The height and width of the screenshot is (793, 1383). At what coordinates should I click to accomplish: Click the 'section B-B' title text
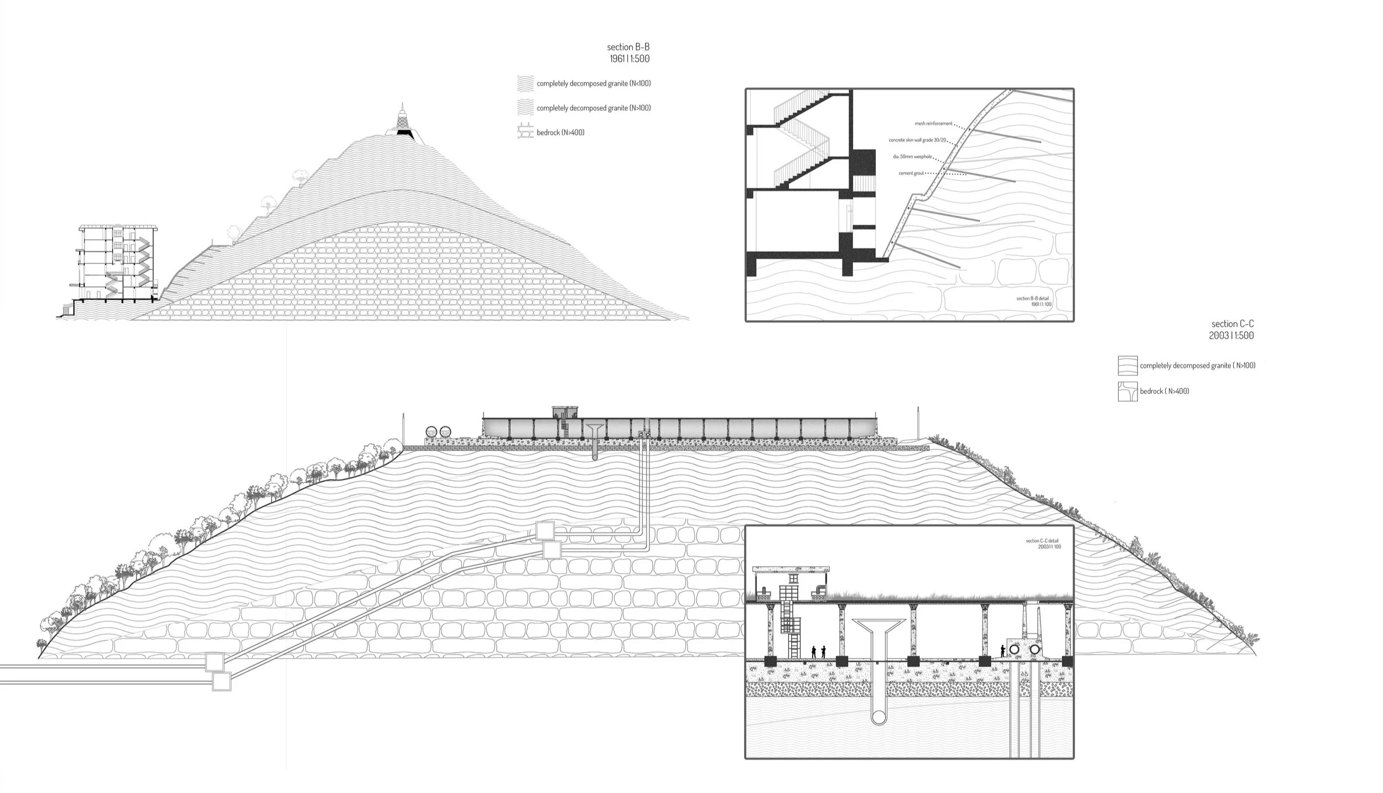pyautogui.click(x=628, y=47)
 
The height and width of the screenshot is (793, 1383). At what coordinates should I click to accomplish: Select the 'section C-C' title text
pyautogui.click(x=1233, y=324)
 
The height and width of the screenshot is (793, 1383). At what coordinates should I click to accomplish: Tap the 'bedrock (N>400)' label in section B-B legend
pyautogui.click(x=560, y=132)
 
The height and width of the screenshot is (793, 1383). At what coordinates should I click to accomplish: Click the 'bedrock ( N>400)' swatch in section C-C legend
pyautogui.click(x=1127, y=391)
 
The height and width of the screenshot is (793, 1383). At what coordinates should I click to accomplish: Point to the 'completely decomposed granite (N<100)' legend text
pyautogui.click(x=594, y=84)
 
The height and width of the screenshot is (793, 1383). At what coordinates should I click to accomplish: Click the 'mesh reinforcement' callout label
pyautogui.click(x=934, y=123)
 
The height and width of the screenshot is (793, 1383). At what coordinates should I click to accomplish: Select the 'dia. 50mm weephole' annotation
pyautogui.click(x=912, y=157)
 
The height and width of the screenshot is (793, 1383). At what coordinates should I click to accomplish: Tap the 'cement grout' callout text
pyautogui.click(x=911, y=173)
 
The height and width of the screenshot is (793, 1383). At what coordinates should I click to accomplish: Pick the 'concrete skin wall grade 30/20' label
pyautogui.click(x=917, y=140)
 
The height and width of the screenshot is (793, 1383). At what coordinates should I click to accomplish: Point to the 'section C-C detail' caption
pyautogui.click(x=1043, y=541)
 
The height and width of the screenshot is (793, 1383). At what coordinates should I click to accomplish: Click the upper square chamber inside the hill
pyautogui.click(x=544, y=531)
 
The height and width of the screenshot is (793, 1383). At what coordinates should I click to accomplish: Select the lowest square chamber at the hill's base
pyautogui.click(x=221, y=681)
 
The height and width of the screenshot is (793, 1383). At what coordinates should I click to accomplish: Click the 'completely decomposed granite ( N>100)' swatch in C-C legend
pyautogui.click(x=1127, y=366)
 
